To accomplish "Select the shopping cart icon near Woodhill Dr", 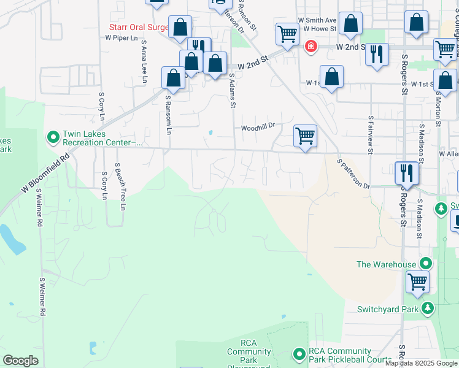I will [305, 136].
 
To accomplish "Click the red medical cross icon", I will [311, 46].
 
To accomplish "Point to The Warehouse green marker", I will [425, 264].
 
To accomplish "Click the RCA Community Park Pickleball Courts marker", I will [299, 354].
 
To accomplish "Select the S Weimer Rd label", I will [42, 297].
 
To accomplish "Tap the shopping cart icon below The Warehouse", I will [417, 282].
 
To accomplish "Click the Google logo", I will [20, 361].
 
